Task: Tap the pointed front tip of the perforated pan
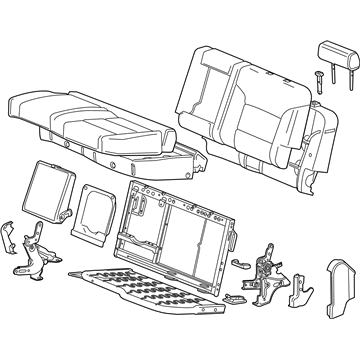click(x=68, y=273)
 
